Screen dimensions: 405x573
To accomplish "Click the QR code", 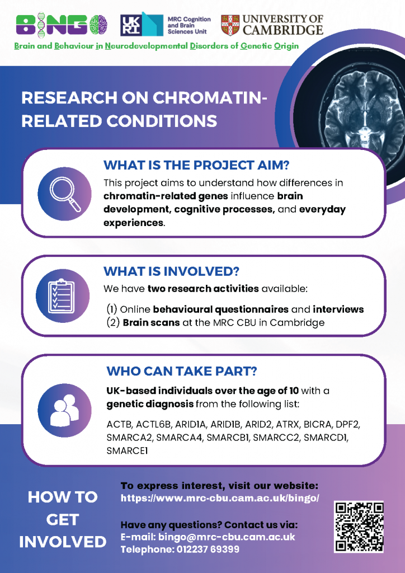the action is click(359, 527).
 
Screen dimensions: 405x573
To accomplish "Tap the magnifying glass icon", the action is click(65, 194).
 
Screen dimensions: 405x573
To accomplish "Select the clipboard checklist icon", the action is click(62, 296).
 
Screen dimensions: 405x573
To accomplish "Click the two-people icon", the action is click(64, 410).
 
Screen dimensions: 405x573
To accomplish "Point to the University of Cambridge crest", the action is click(230, 25).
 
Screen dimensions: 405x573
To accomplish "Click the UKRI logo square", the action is click(131, 25).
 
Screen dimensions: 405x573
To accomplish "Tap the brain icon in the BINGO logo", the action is click(98, 25).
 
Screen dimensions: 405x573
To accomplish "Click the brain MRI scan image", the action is click(361, 113).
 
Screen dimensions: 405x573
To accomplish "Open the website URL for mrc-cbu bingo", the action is click(220, 499).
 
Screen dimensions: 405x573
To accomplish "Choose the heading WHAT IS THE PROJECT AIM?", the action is click(196, 165).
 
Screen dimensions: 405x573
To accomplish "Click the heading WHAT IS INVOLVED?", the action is click(171, 271).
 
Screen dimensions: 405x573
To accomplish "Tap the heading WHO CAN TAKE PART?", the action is click(181, 372).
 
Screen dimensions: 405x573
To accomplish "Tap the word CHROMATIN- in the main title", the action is click(210, 98).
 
